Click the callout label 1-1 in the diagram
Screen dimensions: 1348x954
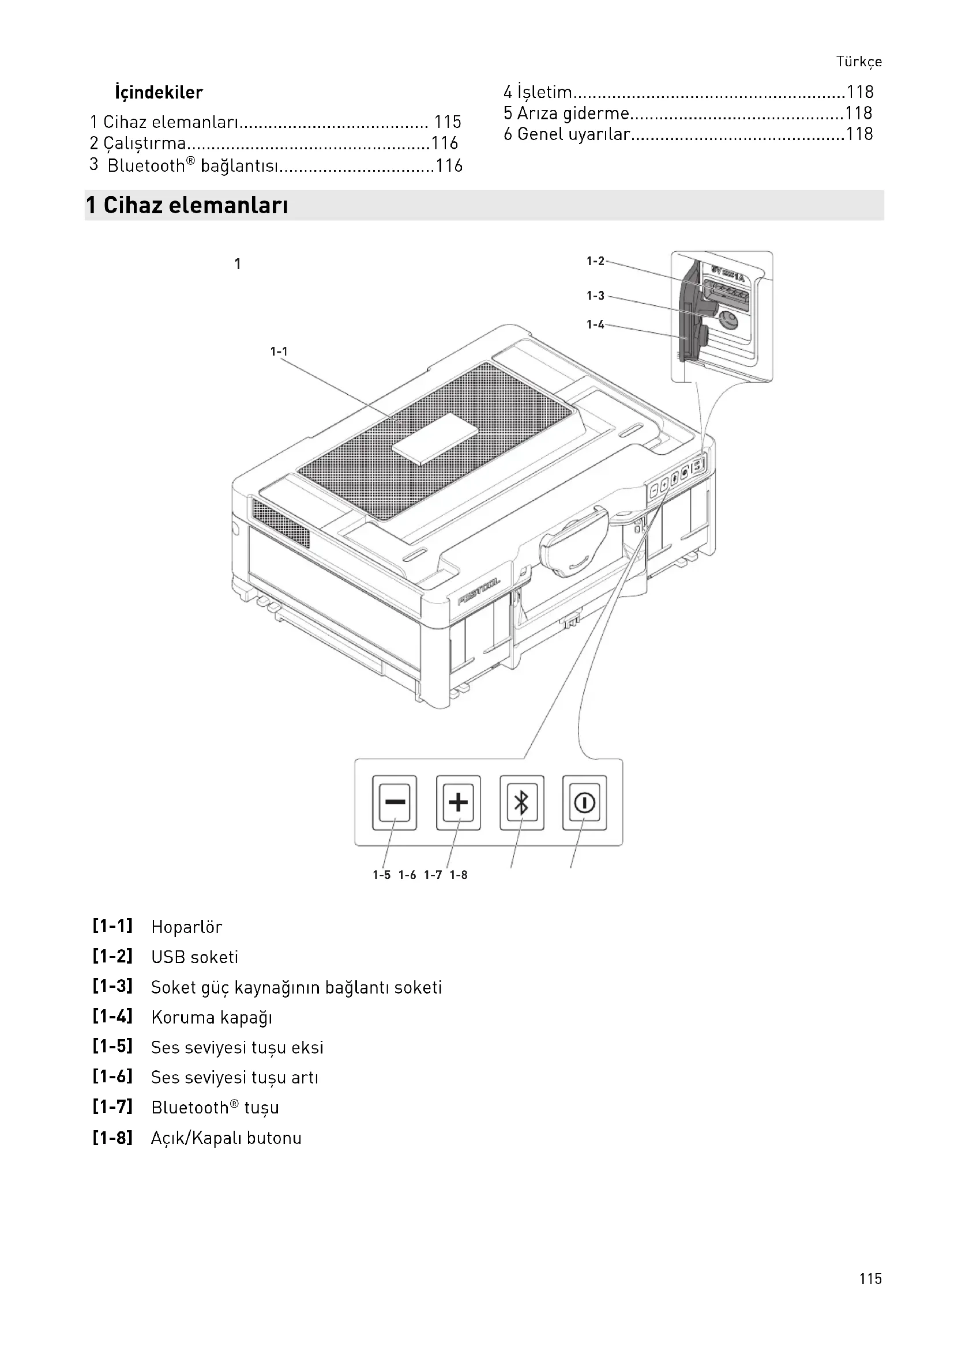tap(279, 352)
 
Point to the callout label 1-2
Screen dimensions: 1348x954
tap(595, 261)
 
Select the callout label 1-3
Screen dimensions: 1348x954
tap(595, 296)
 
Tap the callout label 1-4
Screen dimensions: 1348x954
tap(595, 324)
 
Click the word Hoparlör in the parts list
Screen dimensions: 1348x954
tap(186, 927)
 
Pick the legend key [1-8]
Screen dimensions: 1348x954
tap(112, 1138)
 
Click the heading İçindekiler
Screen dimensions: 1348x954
tap(159, 92)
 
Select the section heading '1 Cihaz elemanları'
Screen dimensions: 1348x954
tap(187, 206)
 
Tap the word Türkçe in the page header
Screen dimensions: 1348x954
tap(859, 62)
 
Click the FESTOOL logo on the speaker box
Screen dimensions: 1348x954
tap(479, 591)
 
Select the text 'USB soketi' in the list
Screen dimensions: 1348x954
tap(194, 957)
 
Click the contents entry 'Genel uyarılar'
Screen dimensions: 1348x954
tap(573, 134)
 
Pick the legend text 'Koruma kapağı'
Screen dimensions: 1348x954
tap(212, 1017)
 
